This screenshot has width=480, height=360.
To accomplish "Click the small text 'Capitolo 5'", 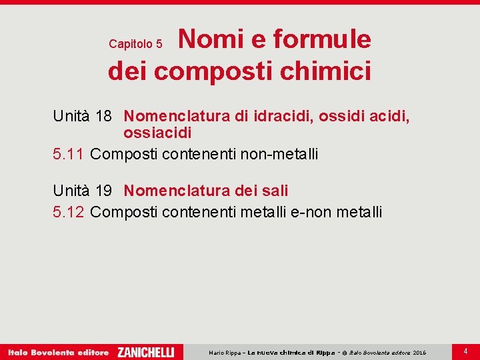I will [135, 44].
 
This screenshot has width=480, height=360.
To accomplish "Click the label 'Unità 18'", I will [82, 117].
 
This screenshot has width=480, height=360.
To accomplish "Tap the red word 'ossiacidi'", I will [157, 133].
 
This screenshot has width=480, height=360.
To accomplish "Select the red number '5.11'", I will [69, 154].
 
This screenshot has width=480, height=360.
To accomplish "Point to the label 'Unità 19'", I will [82, 191].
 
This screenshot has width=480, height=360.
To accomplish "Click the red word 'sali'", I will [276, 191].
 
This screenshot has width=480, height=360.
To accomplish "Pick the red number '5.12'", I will [69, 212].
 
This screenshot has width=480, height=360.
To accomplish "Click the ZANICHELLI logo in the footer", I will [146, 352].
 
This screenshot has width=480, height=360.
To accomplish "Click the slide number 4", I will [465, 350].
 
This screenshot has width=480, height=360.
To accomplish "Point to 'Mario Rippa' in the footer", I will [225, 353].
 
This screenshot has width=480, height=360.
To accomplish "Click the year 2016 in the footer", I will [419, 353].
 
